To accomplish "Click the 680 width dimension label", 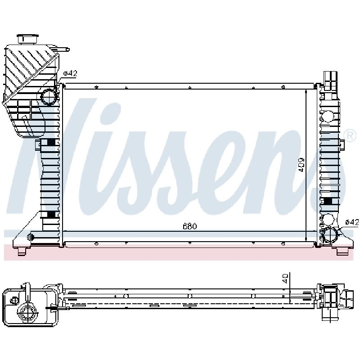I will pyautogui.click(x=190, y=226).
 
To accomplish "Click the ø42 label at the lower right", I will pyautogui.click(x=352, y=222).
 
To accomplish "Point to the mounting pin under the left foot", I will pyautogui.click(x=22, y=251).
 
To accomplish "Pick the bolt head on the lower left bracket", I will pyautogui.click(x=31, y=236).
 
